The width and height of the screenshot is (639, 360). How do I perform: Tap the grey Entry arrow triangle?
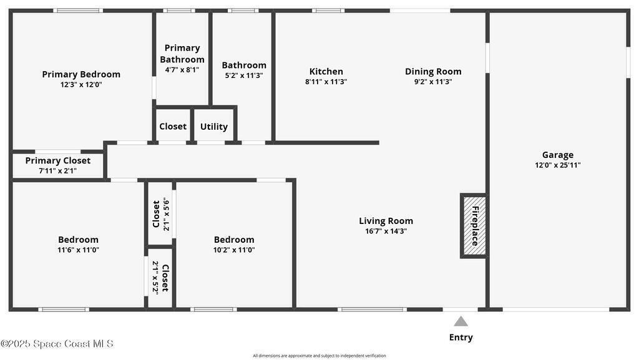coord(461,321)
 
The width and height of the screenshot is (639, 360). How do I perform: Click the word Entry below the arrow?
coord(461,337)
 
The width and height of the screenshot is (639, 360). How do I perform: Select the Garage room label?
coord(557,155)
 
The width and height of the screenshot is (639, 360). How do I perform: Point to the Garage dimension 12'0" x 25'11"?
coord(557,165)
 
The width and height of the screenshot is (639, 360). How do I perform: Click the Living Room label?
coord(386,221)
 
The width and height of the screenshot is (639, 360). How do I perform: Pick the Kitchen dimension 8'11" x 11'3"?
coord(326,82)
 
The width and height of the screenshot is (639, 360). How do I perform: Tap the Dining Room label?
coord(433,71)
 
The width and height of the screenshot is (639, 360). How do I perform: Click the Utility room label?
coord(214,127)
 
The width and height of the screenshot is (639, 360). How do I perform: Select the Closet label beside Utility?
coord(173,126)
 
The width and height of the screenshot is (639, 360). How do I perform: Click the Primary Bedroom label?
coord(81,74)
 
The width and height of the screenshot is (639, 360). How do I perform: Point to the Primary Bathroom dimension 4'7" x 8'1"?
coord(182,70)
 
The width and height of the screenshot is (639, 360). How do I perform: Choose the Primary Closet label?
coord(58,160)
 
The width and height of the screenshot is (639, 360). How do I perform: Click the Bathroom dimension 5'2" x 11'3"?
coord(244,75)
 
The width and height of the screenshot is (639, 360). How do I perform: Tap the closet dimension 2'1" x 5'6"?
coord(166,214)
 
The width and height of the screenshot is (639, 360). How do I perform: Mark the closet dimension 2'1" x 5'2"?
coord(155,277)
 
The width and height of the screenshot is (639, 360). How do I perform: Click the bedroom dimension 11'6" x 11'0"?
coord(78,250)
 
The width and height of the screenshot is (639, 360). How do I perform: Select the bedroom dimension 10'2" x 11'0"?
coord(234,250)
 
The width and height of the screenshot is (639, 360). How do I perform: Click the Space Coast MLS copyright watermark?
coord(57,344)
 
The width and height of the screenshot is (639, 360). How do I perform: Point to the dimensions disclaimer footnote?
coord(319,356)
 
